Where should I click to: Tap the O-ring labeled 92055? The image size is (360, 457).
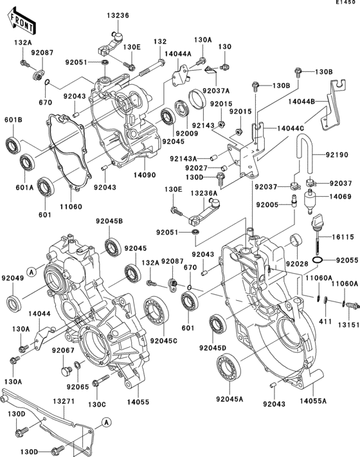[317, 260]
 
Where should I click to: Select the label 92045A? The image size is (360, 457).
[229, 399]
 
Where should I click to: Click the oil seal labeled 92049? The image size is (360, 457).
[13, 301]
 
